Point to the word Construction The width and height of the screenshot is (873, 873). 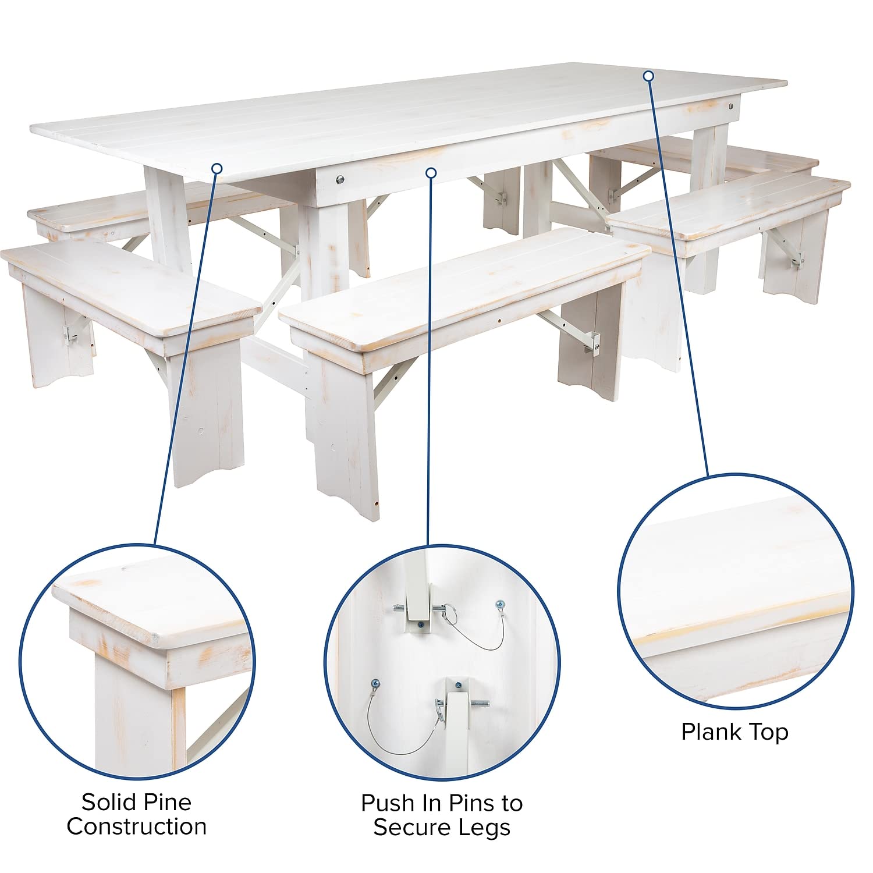pyautogui.click(x=136, y=826)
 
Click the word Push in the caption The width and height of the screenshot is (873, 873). pyautogui.click(x=385, y=803)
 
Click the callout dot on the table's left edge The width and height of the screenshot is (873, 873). pyautogui.click(x=217, y=169)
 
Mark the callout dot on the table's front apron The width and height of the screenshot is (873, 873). pyautogui.click(x=431, y=173)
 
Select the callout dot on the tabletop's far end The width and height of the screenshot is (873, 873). pyautogui.click(x=649, y=76)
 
